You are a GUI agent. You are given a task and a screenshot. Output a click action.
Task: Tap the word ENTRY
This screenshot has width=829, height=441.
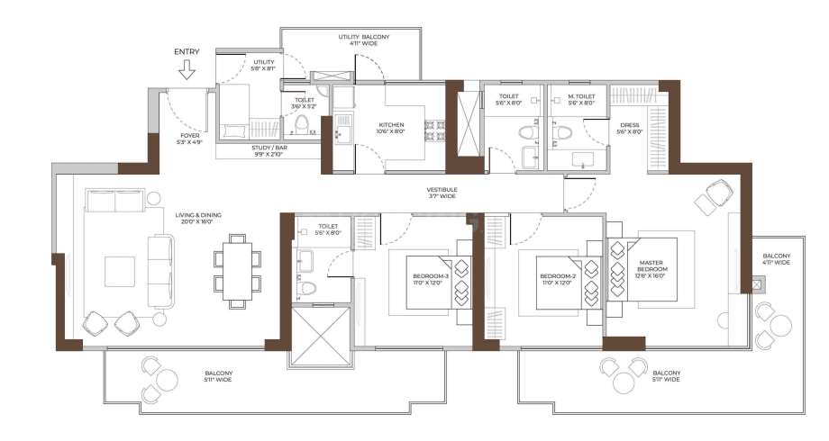(187, 52)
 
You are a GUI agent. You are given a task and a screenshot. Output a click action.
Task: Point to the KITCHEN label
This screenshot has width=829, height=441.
(391, 128)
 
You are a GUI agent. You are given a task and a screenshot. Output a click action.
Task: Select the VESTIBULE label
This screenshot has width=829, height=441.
(442, 193)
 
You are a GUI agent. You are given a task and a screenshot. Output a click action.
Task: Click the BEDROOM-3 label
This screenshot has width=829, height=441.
(428, 279)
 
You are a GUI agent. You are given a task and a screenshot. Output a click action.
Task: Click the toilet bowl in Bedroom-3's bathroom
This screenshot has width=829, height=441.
(308, 288)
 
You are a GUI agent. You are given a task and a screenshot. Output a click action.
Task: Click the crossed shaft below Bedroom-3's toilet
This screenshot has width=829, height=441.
(318, 335)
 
